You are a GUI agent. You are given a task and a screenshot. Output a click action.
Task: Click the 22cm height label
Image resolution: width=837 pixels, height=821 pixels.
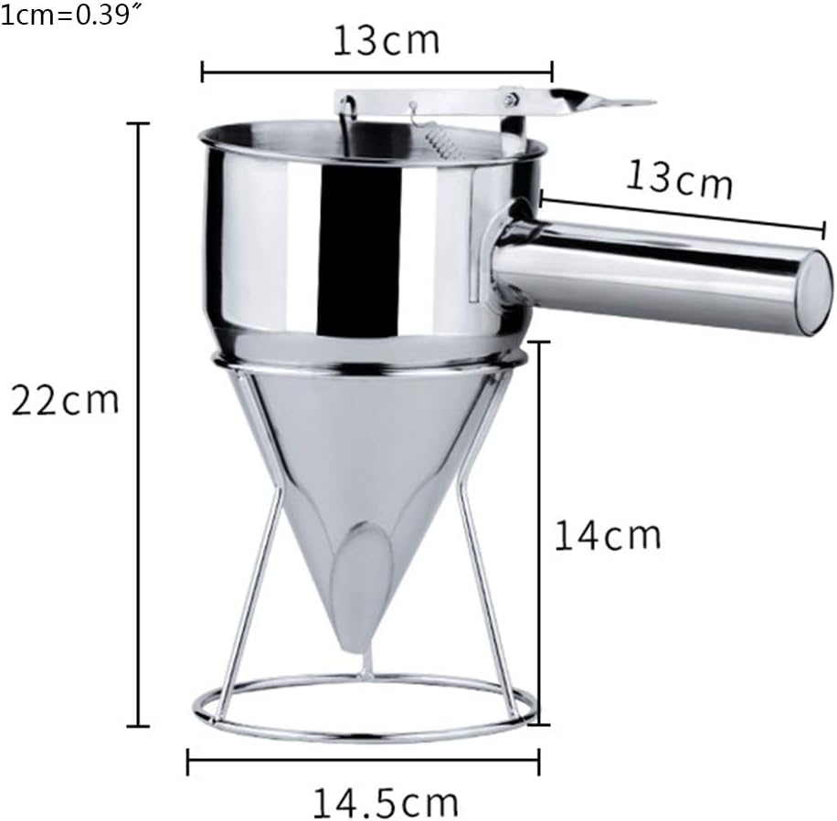[x=65, y=400]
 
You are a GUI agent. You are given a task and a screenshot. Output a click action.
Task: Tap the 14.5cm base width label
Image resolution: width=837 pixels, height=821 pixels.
[x=385, y=803]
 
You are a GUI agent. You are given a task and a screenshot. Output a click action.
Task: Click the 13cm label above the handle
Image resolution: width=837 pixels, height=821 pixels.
[x=680, y=179]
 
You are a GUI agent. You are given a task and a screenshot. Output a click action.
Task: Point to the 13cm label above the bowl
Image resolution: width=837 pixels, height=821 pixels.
[x=387, y=40]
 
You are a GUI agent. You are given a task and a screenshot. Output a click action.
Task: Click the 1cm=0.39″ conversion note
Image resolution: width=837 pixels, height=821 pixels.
[x=66, y=15]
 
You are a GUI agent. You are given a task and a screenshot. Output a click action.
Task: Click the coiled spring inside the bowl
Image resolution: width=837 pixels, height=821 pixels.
[x=442, y=144]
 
